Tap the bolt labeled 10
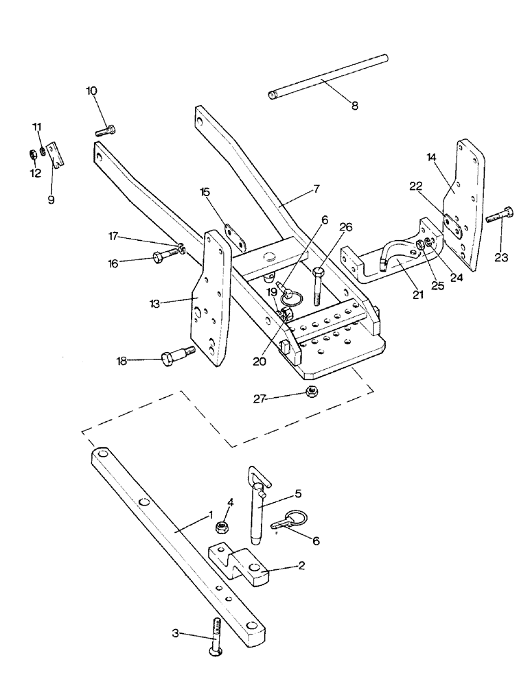point(105,129)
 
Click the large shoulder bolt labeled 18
point(176,359)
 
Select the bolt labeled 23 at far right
point(500,217)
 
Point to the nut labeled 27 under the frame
point(311,392)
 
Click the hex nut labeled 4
point(223,527)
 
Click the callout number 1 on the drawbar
point(211,514)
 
